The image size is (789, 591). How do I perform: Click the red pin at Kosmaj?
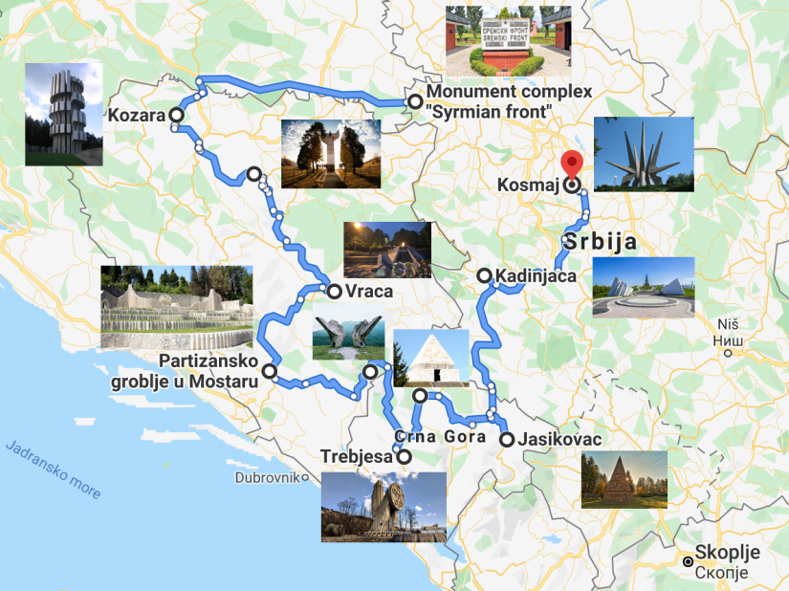tap(572, 164)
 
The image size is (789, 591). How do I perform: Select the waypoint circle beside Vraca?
tap(335, 292)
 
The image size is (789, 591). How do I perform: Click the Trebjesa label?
tap(357, 457)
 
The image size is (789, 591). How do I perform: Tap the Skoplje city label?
tap(727, 553)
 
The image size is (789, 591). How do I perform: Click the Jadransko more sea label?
tap(54, 470)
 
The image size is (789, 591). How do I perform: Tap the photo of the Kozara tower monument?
tap(63, 114)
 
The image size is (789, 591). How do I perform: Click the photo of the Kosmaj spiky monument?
tap(644, 155)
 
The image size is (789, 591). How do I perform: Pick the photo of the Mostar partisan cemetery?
tap(177, 306)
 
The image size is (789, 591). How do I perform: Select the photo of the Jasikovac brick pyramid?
tap(624, 479)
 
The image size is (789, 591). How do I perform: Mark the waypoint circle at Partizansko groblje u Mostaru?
tap(270, 371)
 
